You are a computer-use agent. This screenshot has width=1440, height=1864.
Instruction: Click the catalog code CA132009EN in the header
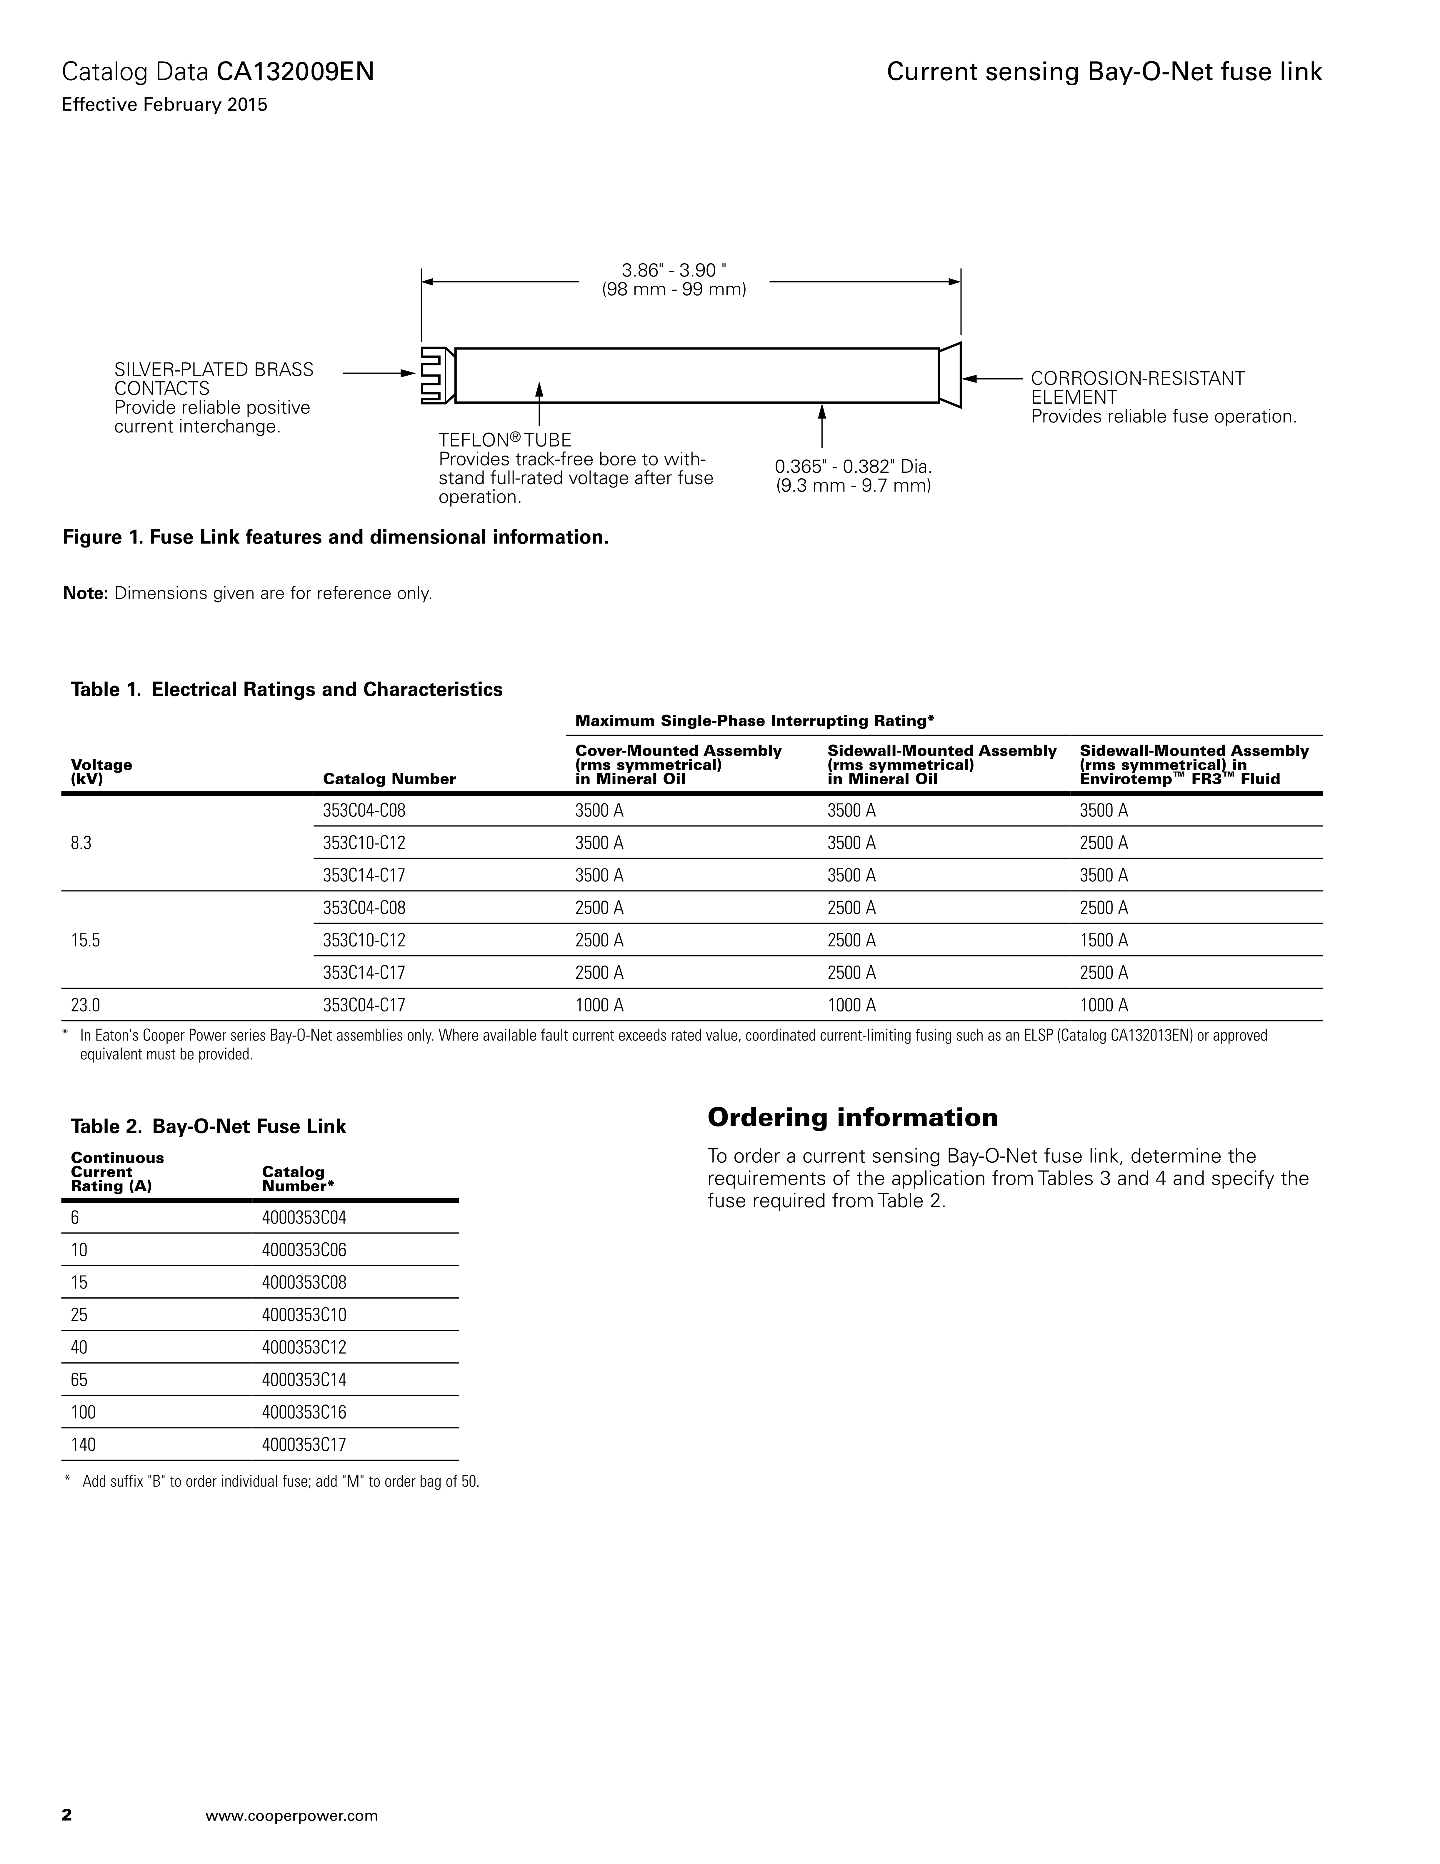pos(295,72)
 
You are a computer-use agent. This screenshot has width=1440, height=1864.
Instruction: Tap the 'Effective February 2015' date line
pos(165,105)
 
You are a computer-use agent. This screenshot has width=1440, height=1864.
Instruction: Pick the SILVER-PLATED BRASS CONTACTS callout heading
pos(214,379)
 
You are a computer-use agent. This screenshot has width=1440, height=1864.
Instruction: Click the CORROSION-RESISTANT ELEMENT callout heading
pos(1137,387)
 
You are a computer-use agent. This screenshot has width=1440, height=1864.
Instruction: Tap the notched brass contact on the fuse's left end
pos(437,375)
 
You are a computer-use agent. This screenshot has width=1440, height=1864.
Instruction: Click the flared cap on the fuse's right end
pos(950,375)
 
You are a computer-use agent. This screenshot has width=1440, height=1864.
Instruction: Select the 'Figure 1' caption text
pos(336,538)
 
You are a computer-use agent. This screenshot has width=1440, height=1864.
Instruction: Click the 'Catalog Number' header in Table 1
pos(389,778)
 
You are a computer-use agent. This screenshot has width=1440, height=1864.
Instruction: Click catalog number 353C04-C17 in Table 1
pos(364,1005)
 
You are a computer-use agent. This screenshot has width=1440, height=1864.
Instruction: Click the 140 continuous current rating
pos(84,1445)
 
